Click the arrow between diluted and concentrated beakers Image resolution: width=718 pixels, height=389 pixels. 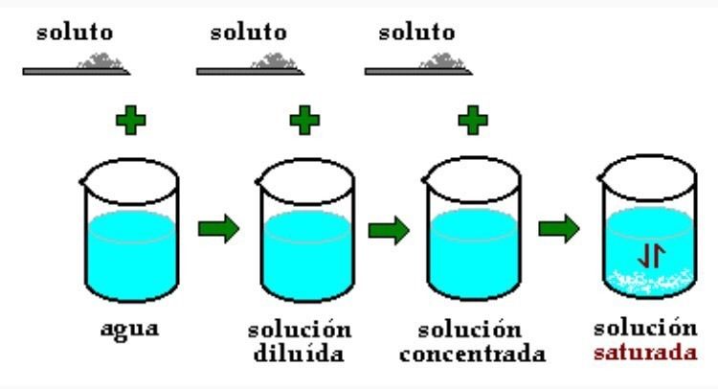click(387, 230)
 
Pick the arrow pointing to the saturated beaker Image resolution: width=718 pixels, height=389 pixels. click(556, 230)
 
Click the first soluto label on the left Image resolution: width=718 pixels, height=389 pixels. click(75, 32)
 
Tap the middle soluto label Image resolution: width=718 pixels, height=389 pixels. click(247, 32)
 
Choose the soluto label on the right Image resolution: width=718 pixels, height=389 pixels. click(416, 32)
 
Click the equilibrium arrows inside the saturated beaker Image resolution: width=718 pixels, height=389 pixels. click(645, 255)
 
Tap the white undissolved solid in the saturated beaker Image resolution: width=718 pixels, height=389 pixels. click(645, 281)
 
